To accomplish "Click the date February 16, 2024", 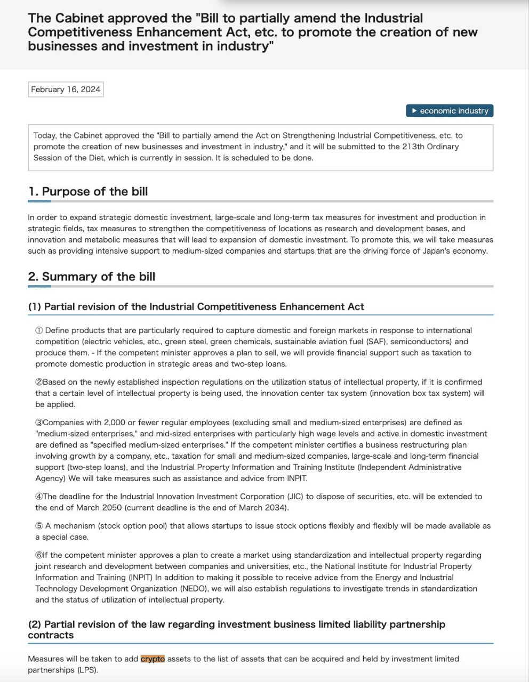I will click(x=66, y=90).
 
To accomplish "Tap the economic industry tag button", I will click(x=450, y=111).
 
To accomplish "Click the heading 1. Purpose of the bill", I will click(x=88, y=192).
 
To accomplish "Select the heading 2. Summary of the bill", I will click(x=92, y=277).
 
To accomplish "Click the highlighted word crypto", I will click(x=153, y=659).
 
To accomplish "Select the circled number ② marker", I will click(x=39, y=382).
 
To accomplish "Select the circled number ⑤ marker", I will click(x=39, y=526).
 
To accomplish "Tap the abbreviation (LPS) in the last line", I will click(x=87, y=670).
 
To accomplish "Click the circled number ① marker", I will click(x=39, y=330).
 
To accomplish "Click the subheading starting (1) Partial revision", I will click(x=196, y=307).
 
